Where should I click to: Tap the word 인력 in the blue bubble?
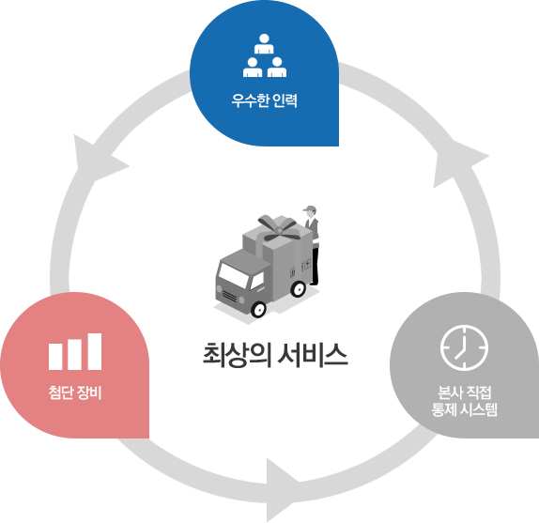(x=285, y=100)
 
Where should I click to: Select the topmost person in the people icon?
(x=264, y=44)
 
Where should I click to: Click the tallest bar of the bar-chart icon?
(x=95, y=351)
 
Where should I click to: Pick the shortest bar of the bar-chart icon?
(x=55, y=357)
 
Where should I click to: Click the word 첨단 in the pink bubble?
(x=61, y=392)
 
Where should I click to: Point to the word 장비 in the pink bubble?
(x=89, y=392)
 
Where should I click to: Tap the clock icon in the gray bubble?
(x=464, y=347)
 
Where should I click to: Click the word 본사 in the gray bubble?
(x=450, y=392)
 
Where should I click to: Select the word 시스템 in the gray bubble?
(x=479, y=409)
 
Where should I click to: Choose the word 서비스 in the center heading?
(x=313, y=355)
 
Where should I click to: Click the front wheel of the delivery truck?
(x=258, y=309)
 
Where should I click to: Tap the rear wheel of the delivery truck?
(x=298, y=288)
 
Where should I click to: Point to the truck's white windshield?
(x=234, y=275)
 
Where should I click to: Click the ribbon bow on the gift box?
(x=279, y=228)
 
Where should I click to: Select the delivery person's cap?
(x=309, y=208)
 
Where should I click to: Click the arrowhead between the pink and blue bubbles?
(x=96, y=159)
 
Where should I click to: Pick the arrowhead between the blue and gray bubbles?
(x=456, y=164)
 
